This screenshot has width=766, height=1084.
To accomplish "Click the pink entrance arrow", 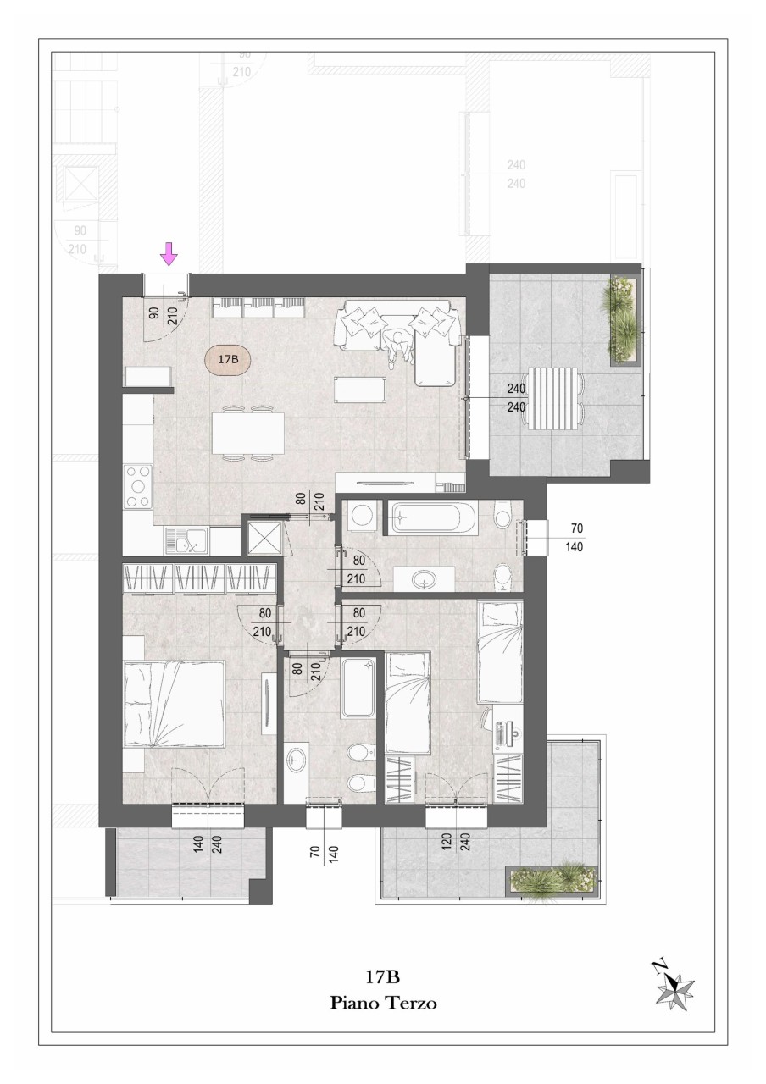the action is [x=169, y=254].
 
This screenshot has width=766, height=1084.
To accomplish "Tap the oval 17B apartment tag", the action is [x=227, y=359].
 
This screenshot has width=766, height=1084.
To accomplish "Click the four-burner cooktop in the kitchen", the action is [x=138, y=486].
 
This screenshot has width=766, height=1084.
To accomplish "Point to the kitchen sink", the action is [x=186, y=541].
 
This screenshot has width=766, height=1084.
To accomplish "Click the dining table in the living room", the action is [x=247, y=433].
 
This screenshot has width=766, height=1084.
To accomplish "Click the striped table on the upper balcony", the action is [x=553, y=398].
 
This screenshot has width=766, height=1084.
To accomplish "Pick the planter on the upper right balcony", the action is [x=624, y=320].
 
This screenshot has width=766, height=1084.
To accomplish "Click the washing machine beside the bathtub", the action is [x=362, y=516].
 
